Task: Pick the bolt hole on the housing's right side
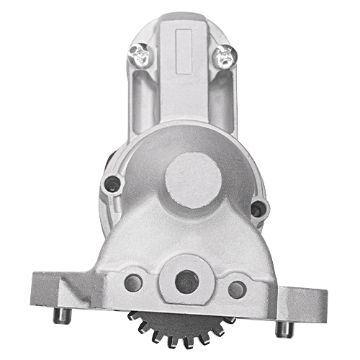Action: pos(256,209)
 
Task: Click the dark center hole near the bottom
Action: pos(186,282)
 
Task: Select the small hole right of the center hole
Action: pos(236,289)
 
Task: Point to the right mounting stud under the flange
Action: pos(284,328)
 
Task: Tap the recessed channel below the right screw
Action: pos(216,97)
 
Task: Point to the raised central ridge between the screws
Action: pos(180,79)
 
